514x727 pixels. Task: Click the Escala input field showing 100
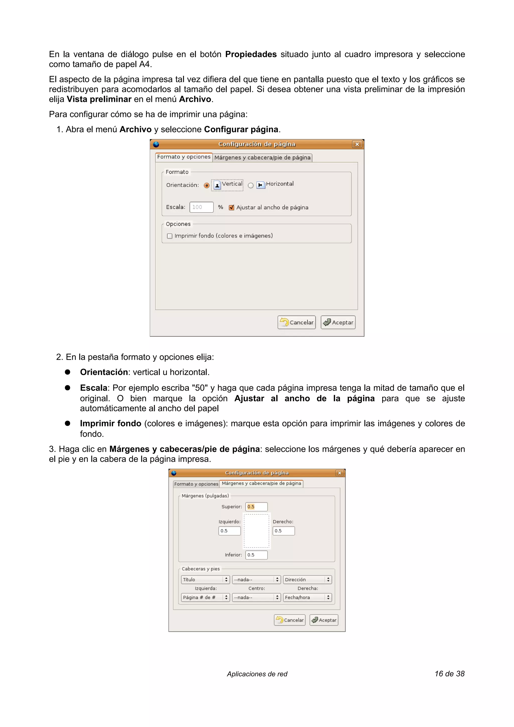coord(202,207)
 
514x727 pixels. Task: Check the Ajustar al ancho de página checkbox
coord(231,207)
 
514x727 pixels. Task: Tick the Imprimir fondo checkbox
coord(170,236)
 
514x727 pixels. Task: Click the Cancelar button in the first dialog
coord(297,322)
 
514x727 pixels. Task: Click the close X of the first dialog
coord(357,144)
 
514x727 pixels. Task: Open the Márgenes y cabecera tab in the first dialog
coord(262,157)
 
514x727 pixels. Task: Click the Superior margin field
coord(256,507)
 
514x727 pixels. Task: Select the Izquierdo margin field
coord(229,531)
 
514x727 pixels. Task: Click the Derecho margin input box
coord(283,531)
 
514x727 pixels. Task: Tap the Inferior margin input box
coord(256,555)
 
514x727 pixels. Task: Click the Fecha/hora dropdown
coord(307,597)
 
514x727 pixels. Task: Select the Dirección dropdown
coord(307,579)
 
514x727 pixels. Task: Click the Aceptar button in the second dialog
coord(324,620)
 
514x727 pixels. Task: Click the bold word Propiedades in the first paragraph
coord(251,54)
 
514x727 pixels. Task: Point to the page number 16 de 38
coord(449,674)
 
